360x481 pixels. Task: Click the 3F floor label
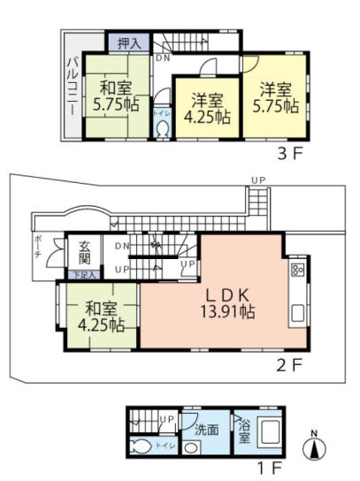point(292,152)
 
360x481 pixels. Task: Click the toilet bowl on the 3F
point(163,127)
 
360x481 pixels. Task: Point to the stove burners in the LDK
point(297,269)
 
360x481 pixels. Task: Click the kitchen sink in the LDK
point(297,314)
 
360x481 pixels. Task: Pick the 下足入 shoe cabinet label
point(83,274)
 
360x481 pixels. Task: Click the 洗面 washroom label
point(207,431)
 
